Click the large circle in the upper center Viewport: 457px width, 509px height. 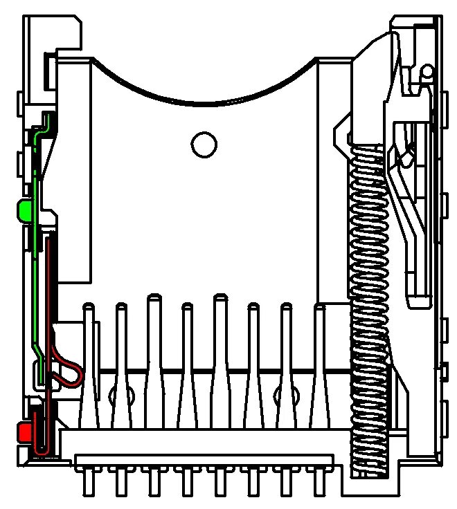[x=204, y=145]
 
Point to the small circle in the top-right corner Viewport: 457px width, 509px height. [x=427, y=71]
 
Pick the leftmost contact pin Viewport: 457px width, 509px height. [x=88, y=367]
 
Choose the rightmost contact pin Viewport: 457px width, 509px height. [x=319, y=367]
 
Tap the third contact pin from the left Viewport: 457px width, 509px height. [x=154, y=360]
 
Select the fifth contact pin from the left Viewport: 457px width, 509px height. [x=220, y=360]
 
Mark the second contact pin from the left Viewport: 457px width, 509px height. [x=121, y=367]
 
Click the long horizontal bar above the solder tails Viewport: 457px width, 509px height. [x=204, y=460]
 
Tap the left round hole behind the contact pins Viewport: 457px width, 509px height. [x=121, y=396]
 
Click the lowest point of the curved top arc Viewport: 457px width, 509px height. [x=204, y=104]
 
